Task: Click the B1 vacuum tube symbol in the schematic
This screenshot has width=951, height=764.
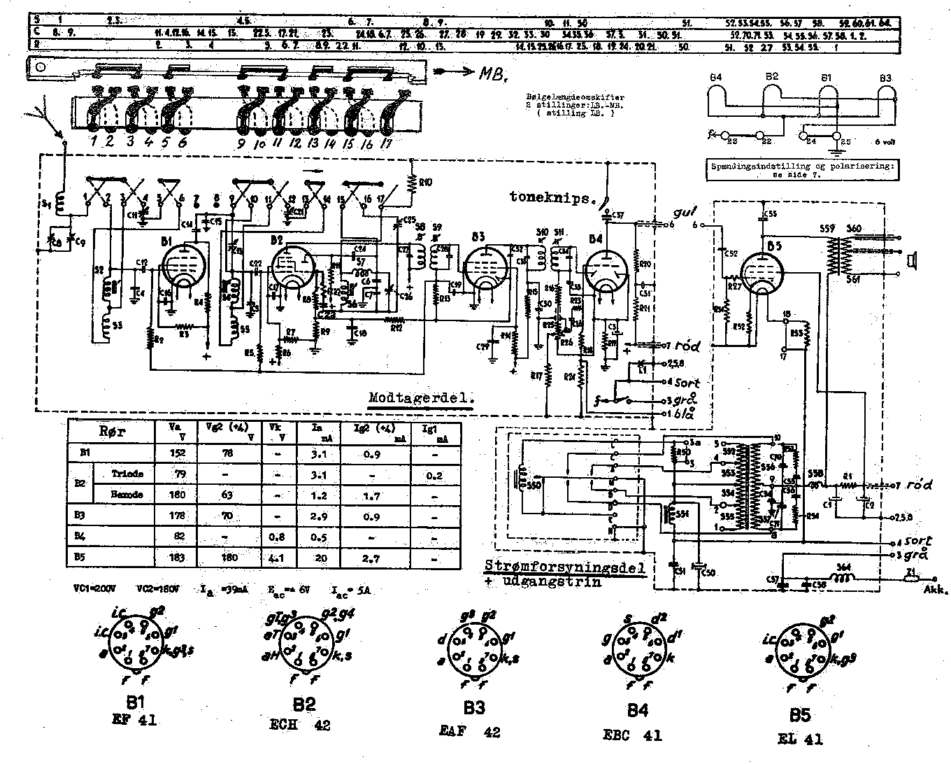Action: pyautogui.click(x=183, y=267)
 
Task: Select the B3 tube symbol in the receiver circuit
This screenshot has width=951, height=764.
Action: pyautogui.click(x=482, y=269)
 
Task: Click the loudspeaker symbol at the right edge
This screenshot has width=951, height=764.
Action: pyautogui.click(x=911, y=261)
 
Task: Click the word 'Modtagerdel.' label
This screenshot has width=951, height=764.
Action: pyautogui.click(x=421, y=398)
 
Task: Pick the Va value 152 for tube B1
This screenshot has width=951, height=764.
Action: pyautogui.click(x=178, y=453)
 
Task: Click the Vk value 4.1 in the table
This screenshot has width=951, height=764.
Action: pyautogui.click(x=276, y=558)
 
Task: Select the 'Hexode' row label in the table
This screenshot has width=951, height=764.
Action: pyautogui.click(x=128, y=495)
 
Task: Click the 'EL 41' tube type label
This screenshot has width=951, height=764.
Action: pyautogui.click(x=800, y=738)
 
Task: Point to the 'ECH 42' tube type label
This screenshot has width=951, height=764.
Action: pyautogui.click(x=299, y=726)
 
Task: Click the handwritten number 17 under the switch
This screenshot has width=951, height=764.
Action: pyautogui.click(x=384, y=145)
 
